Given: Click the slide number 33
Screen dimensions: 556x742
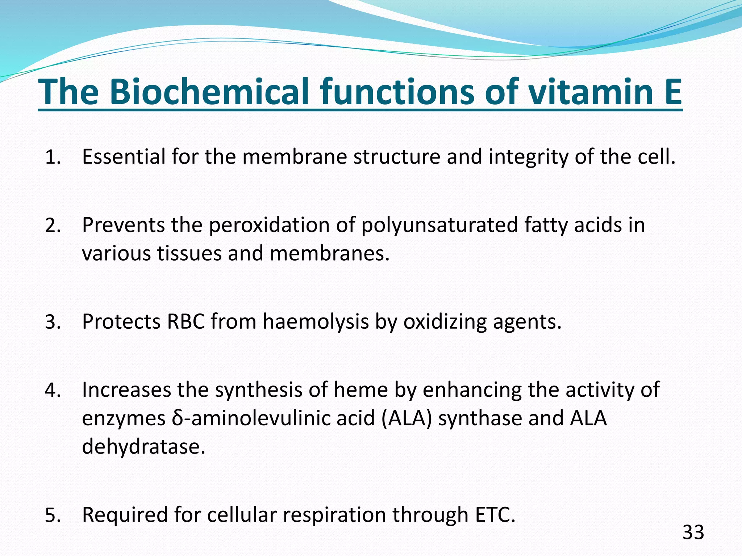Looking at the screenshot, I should pyautogui.click(x=693, y=532).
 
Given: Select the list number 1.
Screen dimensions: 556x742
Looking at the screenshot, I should pyautogui.click(x=53, y=158).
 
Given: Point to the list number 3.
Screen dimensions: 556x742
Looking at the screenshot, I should pyautogui.click(x=53, y=322).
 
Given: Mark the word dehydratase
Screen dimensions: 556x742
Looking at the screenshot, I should pyautogui.click(x=143, y=446).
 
